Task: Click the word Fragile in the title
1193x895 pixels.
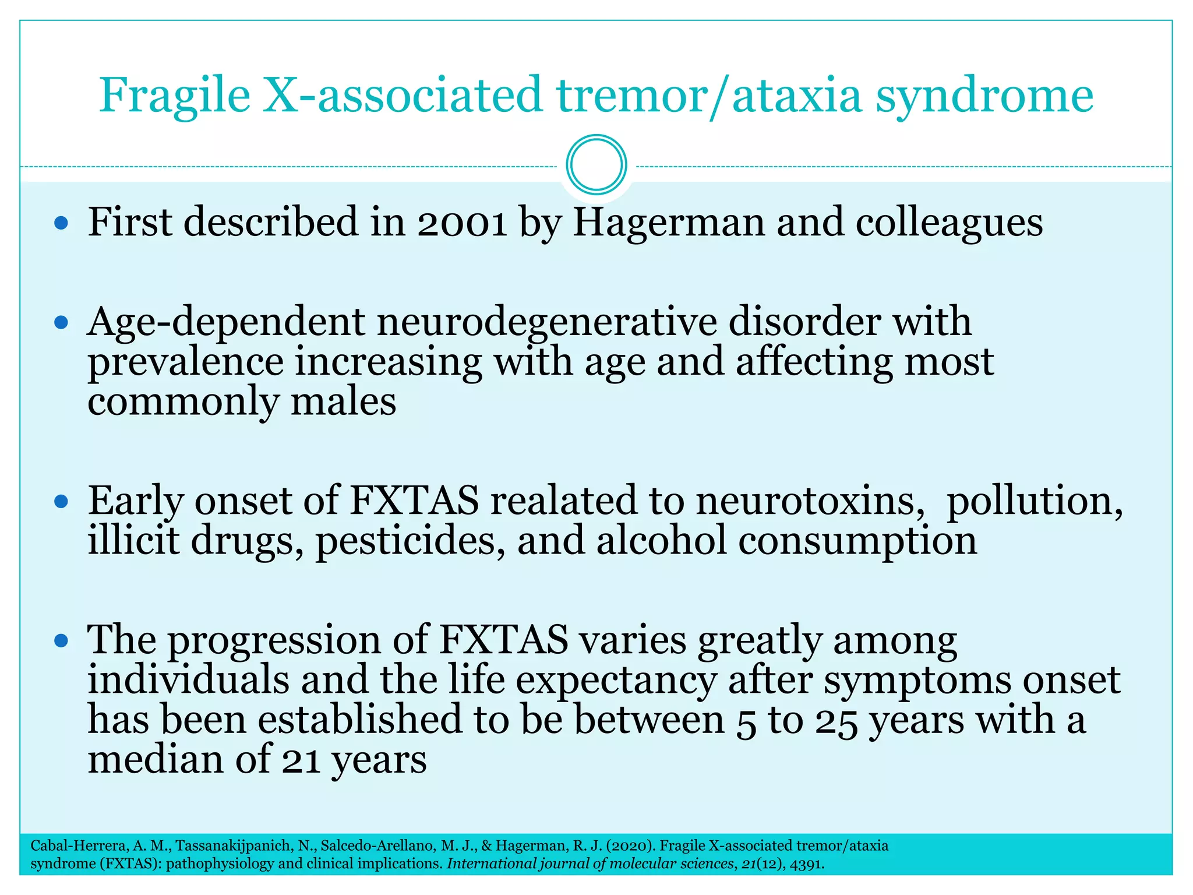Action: (x=174, y=96)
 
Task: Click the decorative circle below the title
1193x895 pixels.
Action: (x=596, y=165)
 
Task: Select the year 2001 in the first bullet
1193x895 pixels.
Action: (x=462, y=223)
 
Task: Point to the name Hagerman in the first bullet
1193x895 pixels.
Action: (x=668, y=223)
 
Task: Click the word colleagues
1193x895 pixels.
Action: (x=949, y=224)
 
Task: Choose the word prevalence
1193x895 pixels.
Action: (x=185, y=362)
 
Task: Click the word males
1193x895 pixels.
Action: (x=343, y=402)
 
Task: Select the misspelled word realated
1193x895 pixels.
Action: (x=564, y=501)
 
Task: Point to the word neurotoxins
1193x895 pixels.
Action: (x=810, y=501)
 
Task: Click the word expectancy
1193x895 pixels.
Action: (x=616, y=681)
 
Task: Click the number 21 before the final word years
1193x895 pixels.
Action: (x=301, y=761)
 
